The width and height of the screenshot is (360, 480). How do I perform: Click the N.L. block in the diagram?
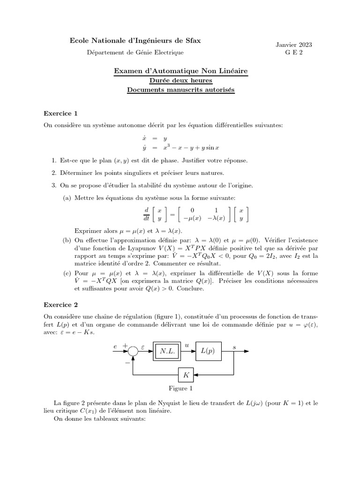pyautogui.click(x=167, y=351)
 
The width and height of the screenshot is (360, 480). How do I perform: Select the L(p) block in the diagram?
pyautogui.click(x=208, y=351)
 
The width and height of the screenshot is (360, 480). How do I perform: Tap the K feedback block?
pyautogui.click(x=187, y=375)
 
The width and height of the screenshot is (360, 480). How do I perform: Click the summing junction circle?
pyautogui.click(x=134, y=351)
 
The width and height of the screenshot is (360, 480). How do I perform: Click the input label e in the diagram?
pyautogui.click(x=115, y=346)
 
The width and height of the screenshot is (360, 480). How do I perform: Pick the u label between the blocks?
pyautogui.click(x=187, y=345)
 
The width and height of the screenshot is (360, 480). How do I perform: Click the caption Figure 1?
pyautogui.click(x=180, y=388)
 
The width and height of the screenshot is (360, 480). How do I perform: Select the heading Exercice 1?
pyautogui.click(x=60, y=113)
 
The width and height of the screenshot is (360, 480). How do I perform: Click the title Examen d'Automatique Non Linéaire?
pyautogui.click(x=181, y=71)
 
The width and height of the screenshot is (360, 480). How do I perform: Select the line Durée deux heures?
pyautogui.click(x=181, y=80)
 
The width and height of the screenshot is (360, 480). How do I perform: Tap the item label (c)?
pyautogui.click(x=67, y=273)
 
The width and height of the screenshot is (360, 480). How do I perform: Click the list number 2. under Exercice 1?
pyautogui.click(x=54, y=173)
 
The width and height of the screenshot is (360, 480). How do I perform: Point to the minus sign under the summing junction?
pyautogui.click(x=127, y=362)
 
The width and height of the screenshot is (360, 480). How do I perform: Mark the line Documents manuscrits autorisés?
pyautogui.click(x=181, y=89)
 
